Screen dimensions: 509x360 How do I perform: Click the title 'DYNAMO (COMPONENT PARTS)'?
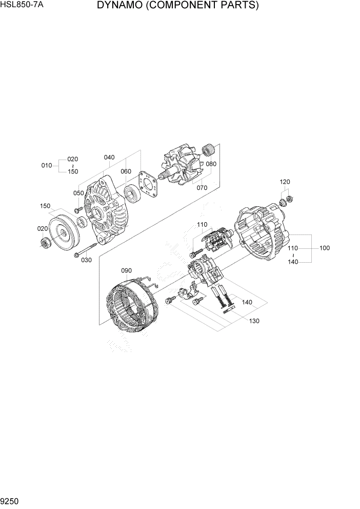(x=177, y=6)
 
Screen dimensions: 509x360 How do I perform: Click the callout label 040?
(x=109, y=158)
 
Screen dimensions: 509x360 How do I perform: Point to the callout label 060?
(x=126, y=171)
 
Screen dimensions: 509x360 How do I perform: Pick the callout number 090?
(x=127, y=270)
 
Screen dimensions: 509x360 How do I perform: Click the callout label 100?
(x=324, y=248)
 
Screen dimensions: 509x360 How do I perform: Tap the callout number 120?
(x=285, y=182)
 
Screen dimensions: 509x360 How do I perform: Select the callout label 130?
(x=254, y=321)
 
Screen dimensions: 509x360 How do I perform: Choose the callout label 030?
(x=86, y=260)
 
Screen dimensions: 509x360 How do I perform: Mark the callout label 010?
(x=47, y=165)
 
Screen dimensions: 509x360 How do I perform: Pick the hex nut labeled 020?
(x=45, y=242)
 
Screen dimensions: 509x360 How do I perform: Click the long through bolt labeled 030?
(x=86, y=250)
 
